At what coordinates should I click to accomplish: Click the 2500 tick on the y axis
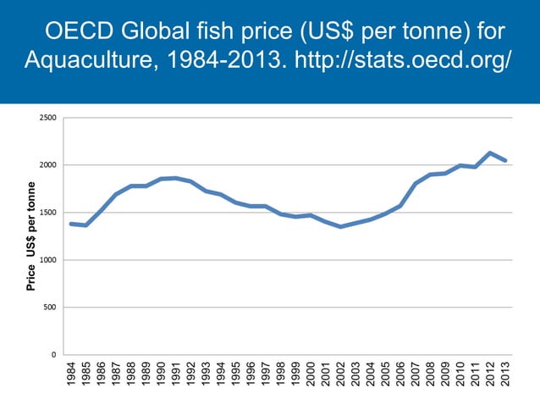pyautogui.click(x=48, y=118)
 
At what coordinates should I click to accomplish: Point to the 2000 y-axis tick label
pyautogui.click(x=48, y=165)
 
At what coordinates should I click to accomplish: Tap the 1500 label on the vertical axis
pyautogui.click(x=48, y=213)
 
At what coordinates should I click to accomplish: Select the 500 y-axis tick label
pyautogui.click(x=51, y=308)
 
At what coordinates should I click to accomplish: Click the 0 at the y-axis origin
pyautogui.click(x=54, y=355)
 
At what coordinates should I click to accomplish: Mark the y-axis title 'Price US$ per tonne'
pyautogui.click(x=30, y=236)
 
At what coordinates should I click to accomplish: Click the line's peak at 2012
pyautogui.click(x=490, y=153)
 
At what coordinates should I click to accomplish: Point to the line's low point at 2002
pyautogui.click(x=340, y=226)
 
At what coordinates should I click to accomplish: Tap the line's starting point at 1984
pyautogui.click(x=71, y=224)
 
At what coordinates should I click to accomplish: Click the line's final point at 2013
pyautogui.click(x=505, y=160)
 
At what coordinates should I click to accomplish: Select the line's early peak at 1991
pyautogui.click(x=175, y=178)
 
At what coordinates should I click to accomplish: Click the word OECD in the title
pyautogui.click(x=80, y=31)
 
